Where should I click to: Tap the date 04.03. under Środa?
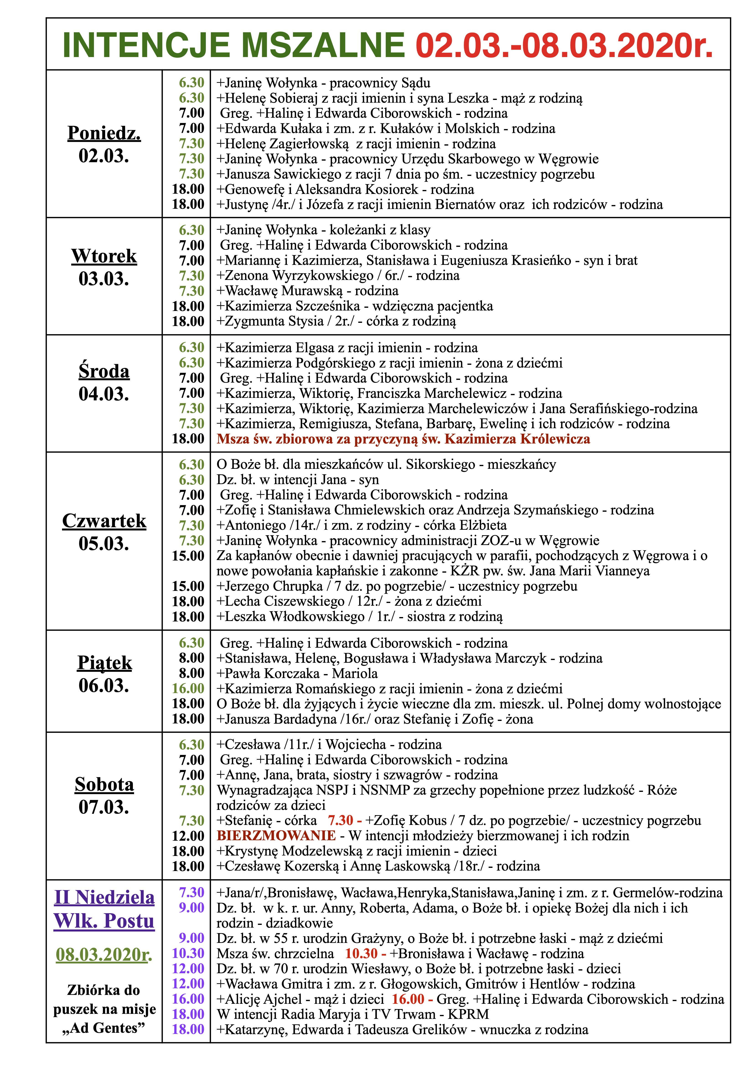point(104,394)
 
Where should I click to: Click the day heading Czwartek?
point(104,521)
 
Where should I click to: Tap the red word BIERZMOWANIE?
point(276,836)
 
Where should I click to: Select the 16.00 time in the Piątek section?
point(188,689)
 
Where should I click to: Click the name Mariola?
point(355,673)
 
